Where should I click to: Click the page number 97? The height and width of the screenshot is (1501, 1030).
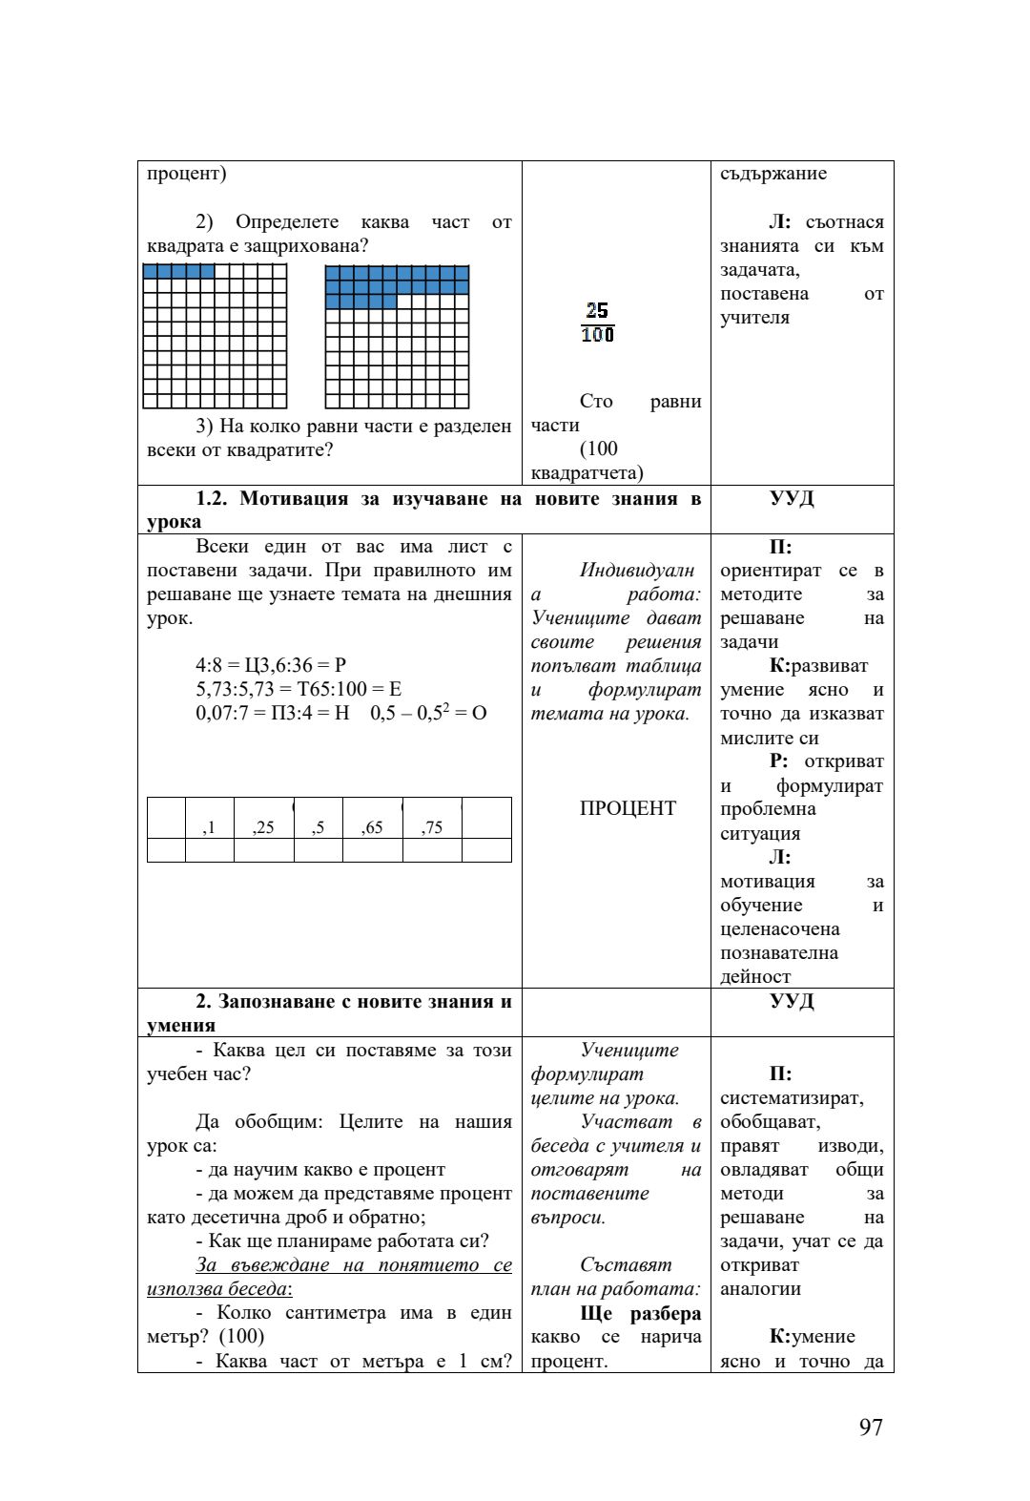coord(870,1427)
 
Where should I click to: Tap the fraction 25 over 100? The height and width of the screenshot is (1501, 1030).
coord(598,323)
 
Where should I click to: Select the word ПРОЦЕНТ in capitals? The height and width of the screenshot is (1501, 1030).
coord(627,808)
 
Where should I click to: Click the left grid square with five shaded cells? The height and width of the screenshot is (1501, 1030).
coord(215,336)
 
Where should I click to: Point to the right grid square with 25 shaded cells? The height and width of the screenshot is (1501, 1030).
coord(397,336)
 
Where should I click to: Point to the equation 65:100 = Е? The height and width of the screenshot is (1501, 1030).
coord(356,690)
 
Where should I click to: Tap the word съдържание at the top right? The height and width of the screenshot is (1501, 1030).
coord(773,174)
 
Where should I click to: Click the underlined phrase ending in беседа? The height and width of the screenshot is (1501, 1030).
coord(329,1277)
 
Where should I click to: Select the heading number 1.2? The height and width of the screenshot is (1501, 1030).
coord(214,499)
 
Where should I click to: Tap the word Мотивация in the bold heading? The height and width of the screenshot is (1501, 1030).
coord(293,499)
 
